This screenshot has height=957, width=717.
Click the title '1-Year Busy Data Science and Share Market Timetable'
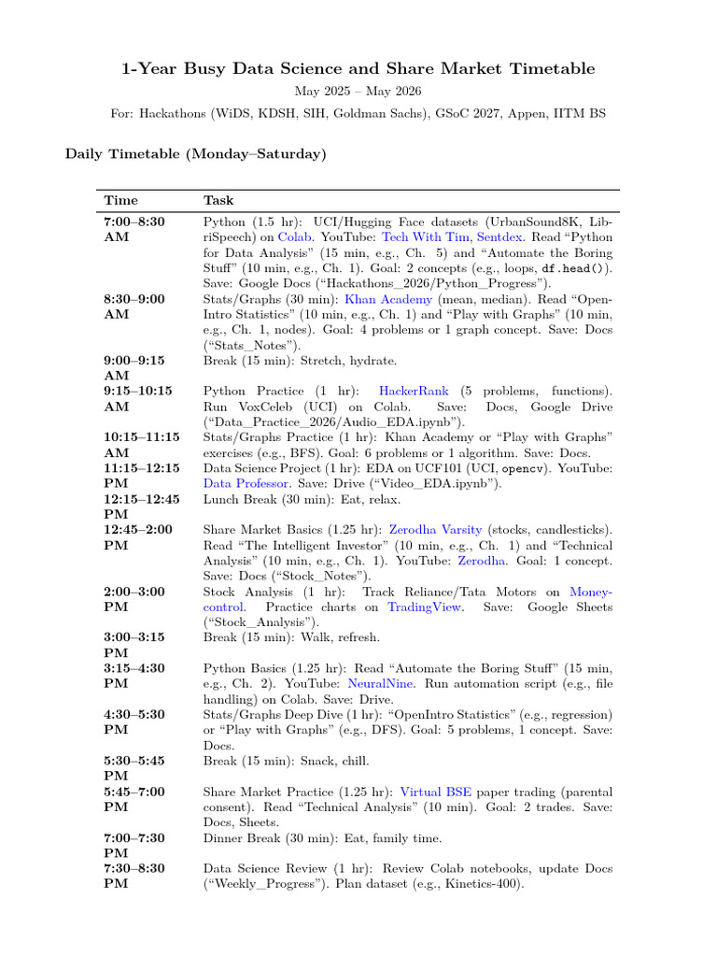click(x=358, y=69)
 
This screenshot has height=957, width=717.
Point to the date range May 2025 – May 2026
click(x=358, y=92)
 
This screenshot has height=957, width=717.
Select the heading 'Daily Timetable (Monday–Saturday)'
click(x=195, y=153)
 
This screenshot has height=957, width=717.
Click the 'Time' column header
click(x=120, y=200)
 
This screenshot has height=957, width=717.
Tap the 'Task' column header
click(x=218, y=200)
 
